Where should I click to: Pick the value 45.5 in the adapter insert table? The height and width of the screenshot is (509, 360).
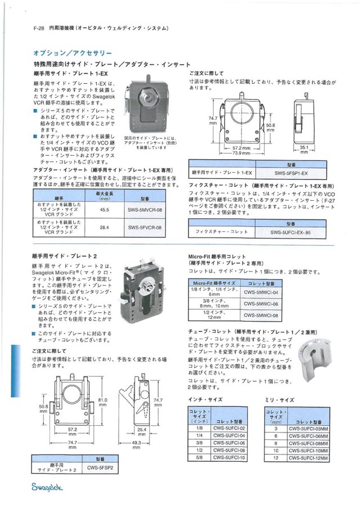tap(104, 209)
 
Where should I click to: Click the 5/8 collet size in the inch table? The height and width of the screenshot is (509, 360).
tap(200, 458)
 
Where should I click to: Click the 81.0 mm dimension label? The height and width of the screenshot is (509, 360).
tap(102, 402)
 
